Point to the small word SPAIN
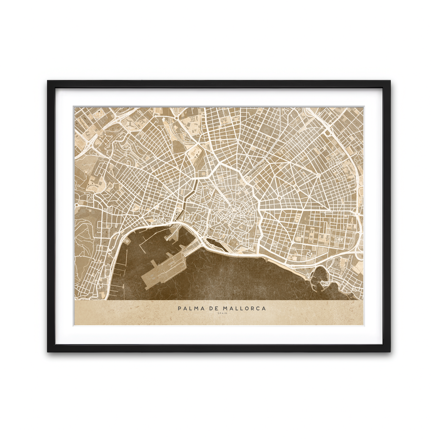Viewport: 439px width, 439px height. coord(222,314)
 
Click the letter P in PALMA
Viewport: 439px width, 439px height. coord(180,308)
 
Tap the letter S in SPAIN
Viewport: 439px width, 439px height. coord(218,314)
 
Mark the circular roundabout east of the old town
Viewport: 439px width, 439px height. coord(279,198)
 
